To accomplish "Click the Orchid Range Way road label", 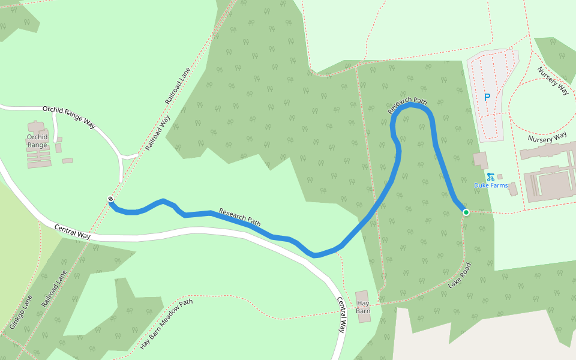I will (69, 116).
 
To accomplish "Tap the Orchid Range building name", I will (37, 141).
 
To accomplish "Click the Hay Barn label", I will (363, 307).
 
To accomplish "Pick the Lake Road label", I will (460, 275).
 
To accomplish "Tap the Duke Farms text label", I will (491, 185).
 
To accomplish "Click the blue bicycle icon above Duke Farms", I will (491, 176).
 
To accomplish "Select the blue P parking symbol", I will (487, 97).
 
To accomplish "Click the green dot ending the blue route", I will (466, 212).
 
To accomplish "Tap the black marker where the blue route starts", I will (110, 199).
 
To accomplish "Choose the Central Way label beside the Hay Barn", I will (341, 315).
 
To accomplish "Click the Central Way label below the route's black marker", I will (72, 232).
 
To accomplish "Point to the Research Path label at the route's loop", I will (407, 106).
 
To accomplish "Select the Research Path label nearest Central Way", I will (240, 217).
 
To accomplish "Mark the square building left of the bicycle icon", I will (480, 160).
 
